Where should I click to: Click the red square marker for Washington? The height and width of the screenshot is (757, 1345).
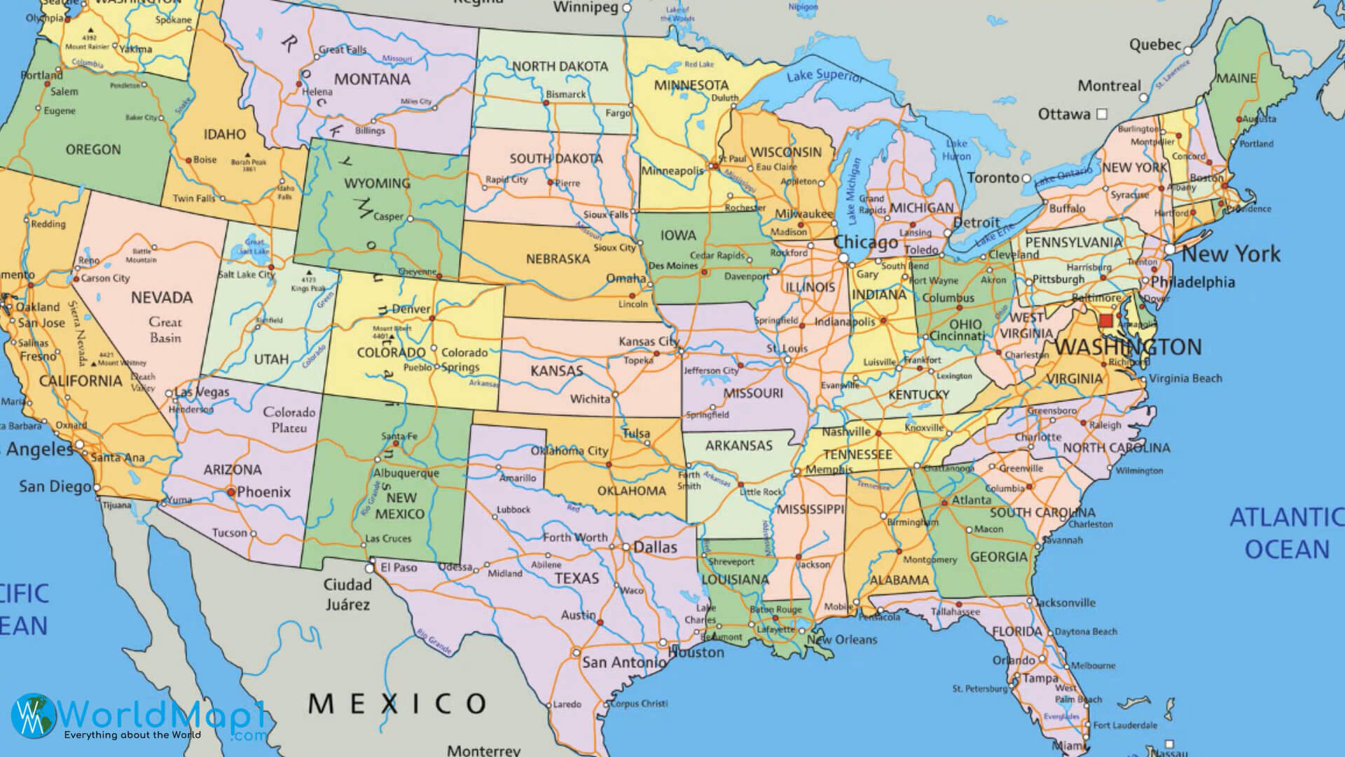click(x=1106, y=321)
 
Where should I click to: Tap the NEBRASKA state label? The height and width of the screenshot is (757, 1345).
click(x=558, y=259)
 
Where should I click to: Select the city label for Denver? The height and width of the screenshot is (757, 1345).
click(x=411, y=308)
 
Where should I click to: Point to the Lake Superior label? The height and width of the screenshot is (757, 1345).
click(x=825, y=75)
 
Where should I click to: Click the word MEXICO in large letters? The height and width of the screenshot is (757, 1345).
click(x=397, y=702)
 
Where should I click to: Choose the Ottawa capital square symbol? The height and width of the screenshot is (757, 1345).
click(x=1101, y=114)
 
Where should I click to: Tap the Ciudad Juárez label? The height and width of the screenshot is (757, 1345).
click(x=347, y=594)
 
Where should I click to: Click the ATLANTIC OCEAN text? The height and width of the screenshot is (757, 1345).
click(x=1286, y=533)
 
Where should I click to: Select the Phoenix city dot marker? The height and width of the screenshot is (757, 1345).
click(x=231, y=492)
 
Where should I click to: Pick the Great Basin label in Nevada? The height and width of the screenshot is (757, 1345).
click(x=165, y=330)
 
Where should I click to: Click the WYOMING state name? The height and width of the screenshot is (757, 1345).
click(x=377, y=183)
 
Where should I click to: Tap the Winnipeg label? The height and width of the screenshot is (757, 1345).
click(x=586, y=8)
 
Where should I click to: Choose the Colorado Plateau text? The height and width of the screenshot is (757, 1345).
click(x=289, y=419)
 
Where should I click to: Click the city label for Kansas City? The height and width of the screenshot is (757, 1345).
click(x=649, y=341)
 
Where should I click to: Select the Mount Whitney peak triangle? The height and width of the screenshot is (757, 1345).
click(x=95, y=364)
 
